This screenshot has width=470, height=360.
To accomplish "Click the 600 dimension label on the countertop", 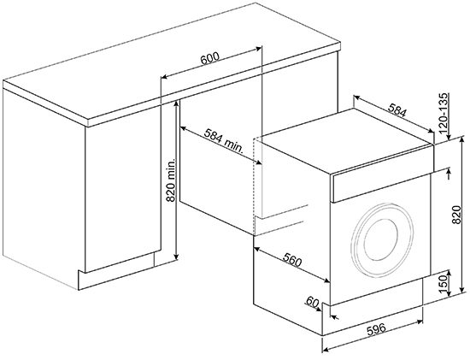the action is point(210,58).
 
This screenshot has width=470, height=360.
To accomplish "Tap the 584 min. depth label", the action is point(224,141).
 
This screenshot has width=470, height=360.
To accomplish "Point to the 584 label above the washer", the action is point(397,110).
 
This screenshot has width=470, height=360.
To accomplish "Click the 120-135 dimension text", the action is point(444,114).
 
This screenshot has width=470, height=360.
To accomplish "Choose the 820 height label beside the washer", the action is point(456,215).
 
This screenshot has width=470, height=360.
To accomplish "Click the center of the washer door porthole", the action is point(383,239).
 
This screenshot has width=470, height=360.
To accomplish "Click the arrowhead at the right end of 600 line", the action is point(259,48).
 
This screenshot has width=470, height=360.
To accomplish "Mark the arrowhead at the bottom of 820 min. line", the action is point(176,257).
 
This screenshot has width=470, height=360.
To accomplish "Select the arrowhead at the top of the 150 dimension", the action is point(449,273).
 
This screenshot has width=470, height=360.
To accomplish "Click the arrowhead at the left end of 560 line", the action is point(256,249).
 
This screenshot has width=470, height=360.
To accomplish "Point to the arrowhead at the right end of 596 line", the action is point(420,322).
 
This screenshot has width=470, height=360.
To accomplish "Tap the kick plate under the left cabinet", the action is point(116,271).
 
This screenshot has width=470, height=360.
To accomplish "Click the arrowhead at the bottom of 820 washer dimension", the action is point(463,289).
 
